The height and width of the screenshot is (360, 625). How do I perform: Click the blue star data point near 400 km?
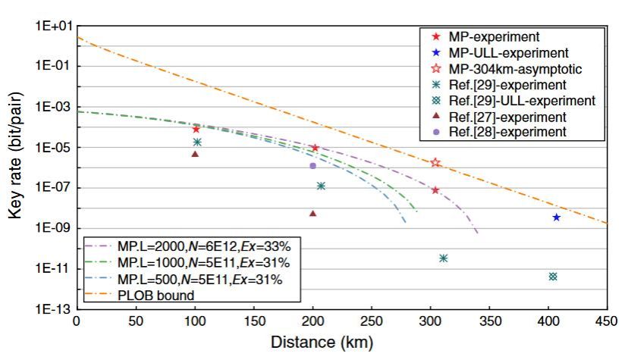tap(556, 218)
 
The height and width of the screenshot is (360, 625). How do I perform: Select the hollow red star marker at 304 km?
tap(435, 162)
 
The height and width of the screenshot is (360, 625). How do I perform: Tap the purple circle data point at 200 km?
tap(312, 165)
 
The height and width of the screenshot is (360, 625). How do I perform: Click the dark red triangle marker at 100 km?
tap(195, 154)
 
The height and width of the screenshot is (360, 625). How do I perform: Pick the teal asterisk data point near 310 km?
tap(443, 258)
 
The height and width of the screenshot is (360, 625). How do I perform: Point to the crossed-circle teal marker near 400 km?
tap(553, 277)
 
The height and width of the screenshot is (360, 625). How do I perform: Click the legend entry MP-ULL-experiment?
tap(517, 53)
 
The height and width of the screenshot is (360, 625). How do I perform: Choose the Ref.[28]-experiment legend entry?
tap(517, 132)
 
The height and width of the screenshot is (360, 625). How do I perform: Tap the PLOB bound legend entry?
tap(155, 295)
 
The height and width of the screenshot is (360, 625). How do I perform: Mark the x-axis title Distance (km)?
tap(322, 343)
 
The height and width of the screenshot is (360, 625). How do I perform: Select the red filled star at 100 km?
tap(196, 130)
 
